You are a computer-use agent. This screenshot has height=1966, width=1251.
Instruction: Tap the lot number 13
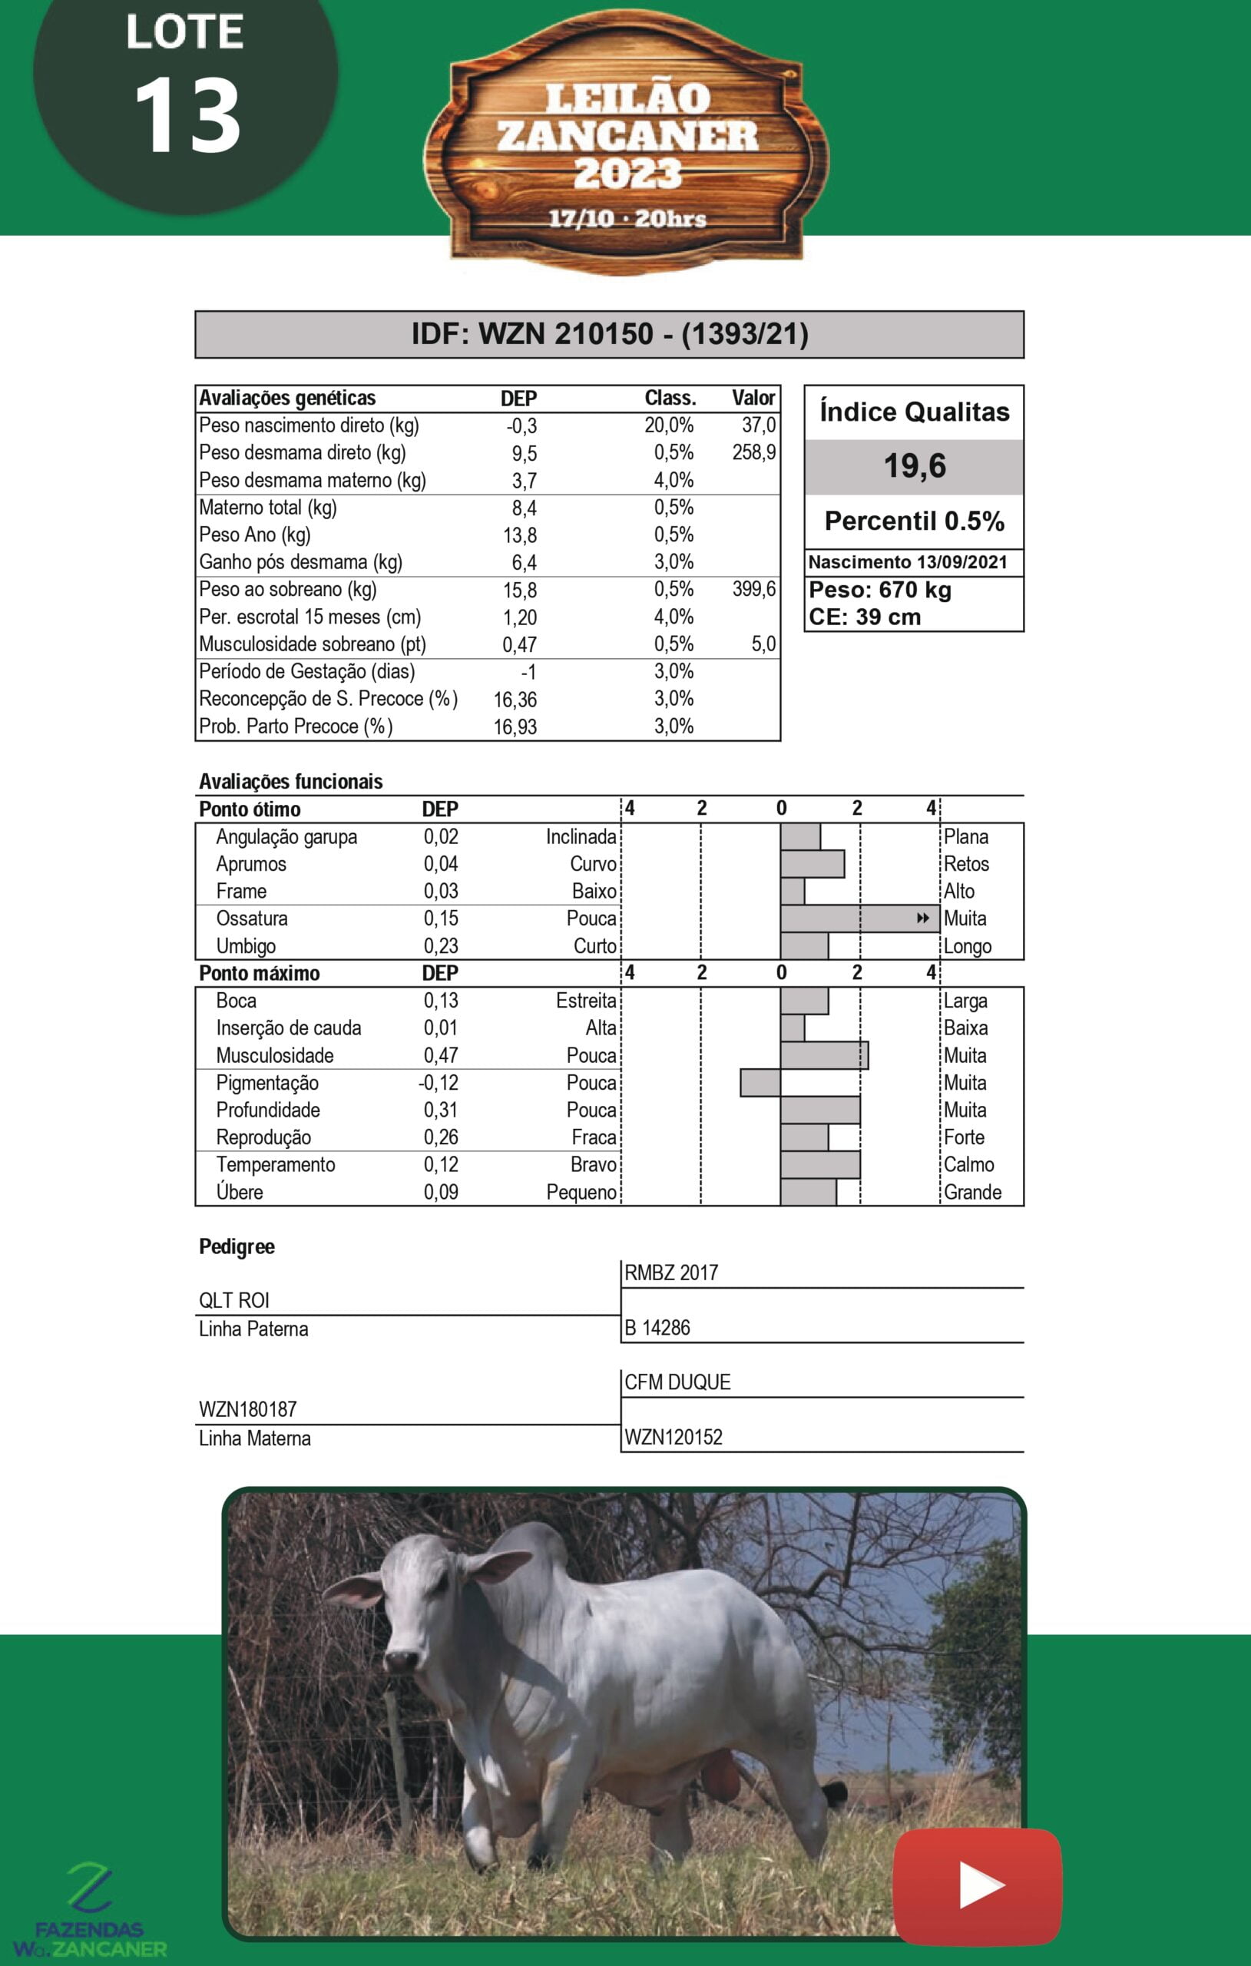pyautogui.click(x=187, y=116)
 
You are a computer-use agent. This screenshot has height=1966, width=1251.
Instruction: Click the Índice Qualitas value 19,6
pyautogui.click(x=915, y=466)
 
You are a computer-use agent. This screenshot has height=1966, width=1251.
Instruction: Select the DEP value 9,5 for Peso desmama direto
pyautogui.click(x=524, y=453)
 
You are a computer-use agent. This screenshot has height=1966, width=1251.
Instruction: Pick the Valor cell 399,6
pyautogui.click(x=753, y=590)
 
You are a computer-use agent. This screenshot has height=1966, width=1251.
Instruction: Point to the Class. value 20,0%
pyautogui.click(x=669, y=425)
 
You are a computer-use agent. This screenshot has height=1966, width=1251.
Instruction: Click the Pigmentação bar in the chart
pyautogui.click(x=760, y=1083)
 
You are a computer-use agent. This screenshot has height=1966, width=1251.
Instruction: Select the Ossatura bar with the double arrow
pyautogui.click(x=859, y=918)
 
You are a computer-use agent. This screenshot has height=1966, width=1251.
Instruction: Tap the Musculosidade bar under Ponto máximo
pyautogui.click(x=824, y=1055)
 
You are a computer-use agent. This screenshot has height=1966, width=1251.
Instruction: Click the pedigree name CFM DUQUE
pyautogui.click(x=677, y=1382)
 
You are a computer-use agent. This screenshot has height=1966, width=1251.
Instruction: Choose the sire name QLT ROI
pyautogui.click(x=233, y=1301)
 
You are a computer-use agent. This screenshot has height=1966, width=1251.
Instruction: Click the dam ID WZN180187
pyautogui.click(x=247, y=1409)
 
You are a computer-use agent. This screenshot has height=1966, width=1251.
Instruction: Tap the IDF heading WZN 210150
pyautogui.click(x=609, y=334)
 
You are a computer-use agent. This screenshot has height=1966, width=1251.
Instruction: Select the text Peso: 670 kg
pyautogui.click(x=879, y=591)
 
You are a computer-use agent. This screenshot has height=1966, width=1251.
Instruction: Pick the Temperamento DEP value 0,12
pyautogui.click(x=440, y=1165)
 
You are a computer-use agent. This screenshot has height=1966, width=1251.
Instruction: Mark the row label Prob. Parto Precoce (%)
pyautogui.click(x=296, y=726)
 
